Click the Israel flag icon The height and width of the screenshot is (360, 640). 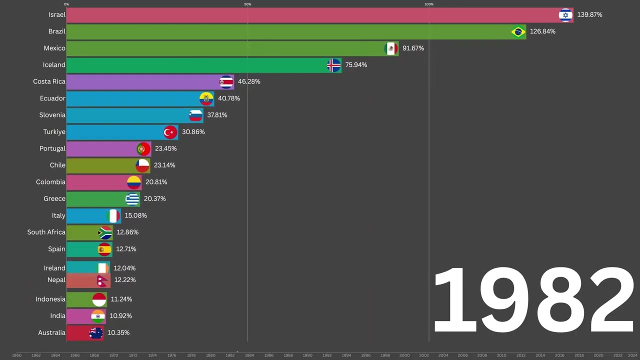click(565, 15)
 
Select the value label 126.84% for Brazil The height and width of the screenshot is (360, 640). click(542, 31)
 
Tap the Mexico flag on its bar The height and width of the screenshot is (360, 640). click(391, 48)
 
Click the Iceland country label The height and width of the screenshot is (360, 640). click(54, 65)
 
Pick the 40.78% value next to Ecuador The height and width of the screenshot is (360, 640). click(229, 98)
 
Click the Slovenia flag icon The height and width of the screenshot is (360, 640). click(195, 115)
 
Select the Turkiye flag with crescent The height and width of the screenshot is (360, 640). click(170, 132)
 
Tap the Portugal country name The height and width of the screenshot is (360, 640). click(52, 148)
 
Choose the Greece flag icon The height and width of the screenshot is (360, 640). click(132, 199)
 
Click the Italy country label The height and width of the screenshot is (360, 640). click(58, 215)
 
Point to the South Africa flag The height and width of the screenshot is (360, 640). click(105, 232)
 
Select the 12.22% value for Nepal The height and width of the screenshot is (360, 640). click(125, 280)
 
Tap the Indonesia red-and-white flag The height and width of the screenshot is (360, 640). click(99, 299)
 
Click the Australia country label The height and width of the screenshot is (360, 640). click(51, 333)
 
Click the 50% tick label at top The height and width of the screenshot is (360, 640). click(247, 4)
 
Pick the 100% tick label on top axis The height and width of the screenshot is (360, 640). click(429, 4)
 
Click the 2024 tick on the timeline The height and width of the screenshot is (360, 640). click(632, 355)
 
